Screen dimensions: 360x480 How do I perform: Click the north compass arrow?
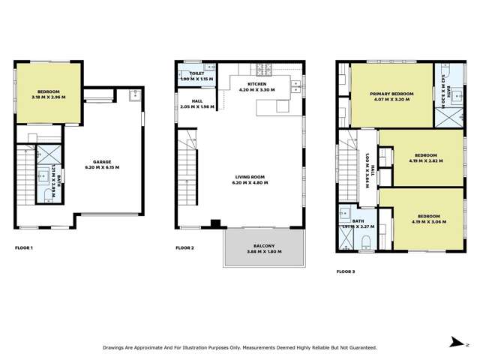pos(454,341)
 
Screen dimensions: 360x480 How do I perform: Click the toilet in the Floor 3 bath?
pos(365,241)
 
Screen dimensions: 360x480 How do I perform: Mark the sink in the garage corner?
pos(133,95)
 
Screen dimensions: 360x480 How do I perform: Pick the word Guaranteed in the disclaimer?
pos(358,347)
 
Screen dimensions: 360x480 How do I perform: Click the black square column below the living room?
pos(216,223)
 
